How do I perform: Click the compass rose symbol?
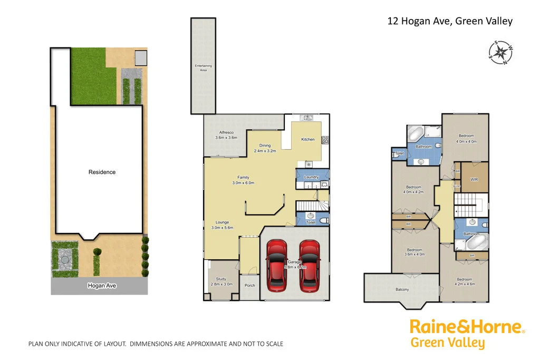coord(500,53)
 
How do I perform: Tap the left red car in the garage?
coord(277,266)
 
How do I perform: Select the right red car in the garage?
coord(309,266)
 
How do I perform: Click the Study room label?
coord(220,281)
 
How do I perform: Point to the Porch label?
coord(250,286)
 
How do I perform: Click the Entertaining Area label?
coord(203,67)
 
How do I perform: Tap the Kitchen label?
coord(308,139)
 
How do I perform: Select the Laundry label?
coord(312,177)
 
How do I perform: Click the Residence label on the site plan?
coord(102,172)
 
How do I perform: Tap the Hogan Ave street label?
coord(102,286)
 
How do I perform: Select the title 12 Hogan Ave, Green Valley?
coord(450,21)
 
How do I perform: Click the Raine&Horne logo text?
coord(467,327)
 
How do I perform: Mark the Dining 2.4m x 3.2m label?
coord(264,148)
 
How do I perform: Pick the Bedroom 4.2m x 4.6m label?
coord(465,282)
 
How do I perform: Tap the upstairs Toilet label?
coord(399,153)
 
